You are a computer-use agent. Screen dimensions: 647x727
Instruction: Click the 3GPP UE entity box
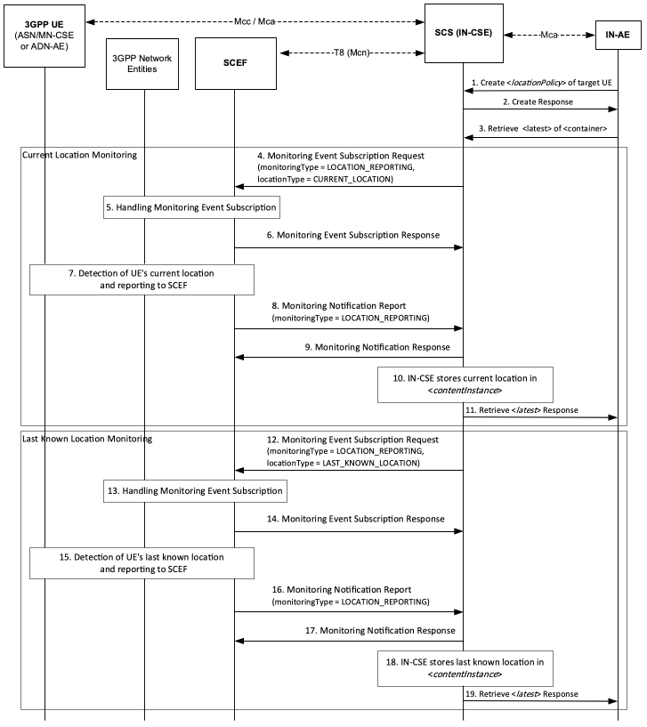pos(44,36)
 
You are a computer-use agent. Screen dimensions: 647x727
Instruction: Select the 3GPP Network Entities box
pos(142,64)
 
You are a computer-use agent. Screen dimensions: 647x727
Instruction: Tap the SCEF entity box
pos(236,63)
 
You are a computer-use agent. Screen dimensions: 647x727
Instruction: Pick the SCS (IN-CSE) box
pos(464,34)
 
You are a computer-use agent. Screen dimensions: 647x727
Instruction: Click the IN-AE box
pos(619,35)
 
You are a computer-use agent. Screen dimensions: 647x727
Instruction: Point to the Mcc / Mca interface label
pos(255,21)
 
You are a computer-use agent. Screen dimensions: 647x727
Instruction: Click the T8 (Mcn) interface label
pos(352,53)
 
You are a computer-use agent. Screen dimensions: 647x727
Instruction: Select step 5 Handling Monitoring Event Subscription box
pos(191,207)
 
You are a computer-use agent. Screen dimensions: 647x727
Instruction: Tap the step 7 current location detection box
pos(142,279)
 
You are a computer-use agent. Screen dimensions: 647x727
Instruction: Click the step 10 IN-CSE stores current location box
pos(465,384)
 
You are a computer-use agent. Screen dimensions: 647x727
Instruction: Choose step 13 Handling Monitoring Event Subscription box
pos(195,491)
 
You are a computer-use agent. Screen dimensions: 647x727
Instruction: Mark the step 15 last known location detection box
pos(142,563)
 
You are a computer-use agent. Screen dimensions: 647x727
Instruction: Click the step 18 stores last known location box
pos(465,668)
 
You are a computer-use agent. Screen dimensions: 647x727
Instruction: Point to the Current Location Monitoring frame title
pos(80,155)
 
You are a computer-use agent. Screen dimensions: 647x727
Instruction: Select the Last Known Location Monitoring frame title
pos(87,439)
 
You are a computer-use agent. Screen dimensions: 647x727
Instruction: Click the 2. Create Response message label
pos(538,102)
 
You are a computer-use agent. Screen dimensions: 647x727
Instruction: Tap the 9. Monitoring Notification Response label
pos(377,347)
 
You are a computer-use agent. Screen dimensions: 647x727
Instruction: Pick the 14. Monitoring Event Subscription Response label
pos(356,519)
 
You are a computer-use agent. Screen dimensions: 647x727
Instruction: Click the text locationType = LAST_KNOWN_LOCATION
pos(343,464)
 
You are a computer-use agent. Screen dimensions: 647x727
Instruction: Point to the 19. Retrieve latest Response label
pos(522,694)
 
